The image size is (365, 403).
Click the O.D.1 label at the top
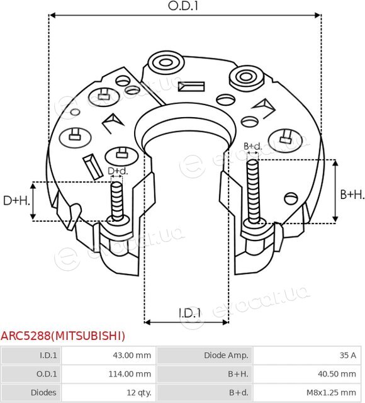(x=183, y=6)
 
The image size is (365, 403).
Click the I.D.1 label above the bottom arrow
(x=189, y=313)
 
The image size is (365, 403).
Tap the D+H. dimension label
(x=16, y=200)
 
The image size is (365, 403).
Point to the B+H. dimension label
(x=352, y=195)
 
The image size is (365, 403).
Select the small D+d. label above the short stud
(x=118, y=171)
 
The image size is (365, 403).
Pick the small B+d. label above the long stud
(x=252, y=146)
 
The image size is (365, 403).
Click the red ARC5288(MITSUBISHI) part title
(x=63, y=336)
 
